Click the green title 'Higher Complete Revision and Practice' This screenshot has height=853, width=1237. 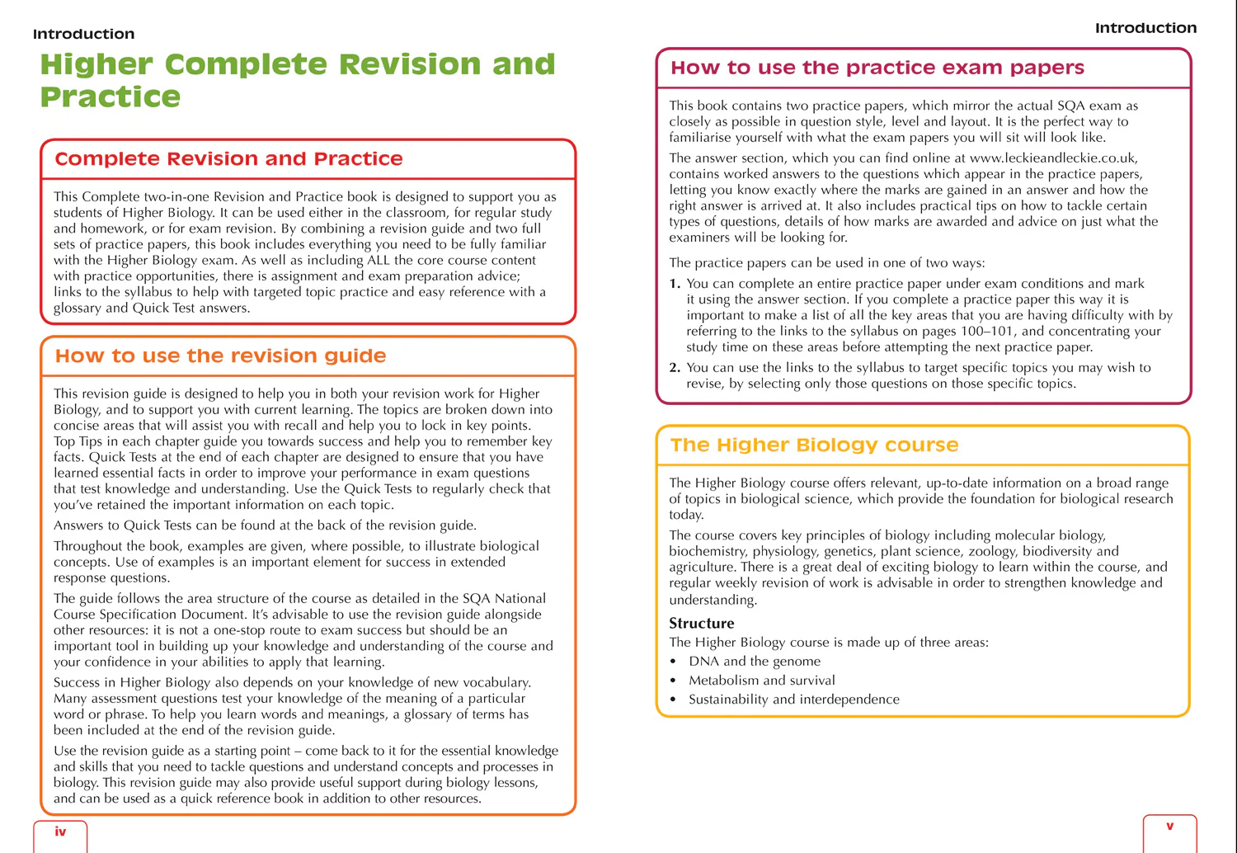tap(297, 80)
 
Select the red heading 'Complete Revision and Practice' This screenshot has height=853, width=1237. tap(228, 158)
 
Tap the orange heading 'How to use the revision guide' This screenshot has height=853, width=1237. tap(220, 356)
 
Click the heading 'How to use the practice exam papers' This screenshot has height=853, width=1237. tap(877, 68)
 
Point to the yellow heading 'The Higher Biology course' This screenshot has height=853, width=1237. tap(814, 445)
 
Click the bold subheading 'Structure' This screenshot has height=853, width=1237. tap(701, 623)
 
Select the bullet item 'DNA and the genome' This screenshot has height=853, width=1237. tap(755, 661)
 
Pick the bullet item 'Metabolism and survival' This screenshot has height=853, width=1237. tap(761, 680)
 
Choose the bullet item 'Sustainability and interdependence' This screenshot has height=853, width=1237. tap(793, 699)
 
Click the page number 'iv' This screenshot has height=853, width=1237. tap(60, 832)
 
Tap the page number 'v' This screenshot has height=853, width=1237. tap(1169, 826)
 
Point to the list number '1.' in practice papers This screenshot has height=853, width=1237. tap(675, 284)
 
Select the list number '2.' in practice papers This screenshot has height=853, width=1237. tap(675, 368)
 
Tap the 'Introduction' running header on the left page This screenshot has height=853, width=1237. tap(83, 34)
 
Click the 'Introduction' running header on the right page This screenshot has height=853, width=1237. tap(1145, 28)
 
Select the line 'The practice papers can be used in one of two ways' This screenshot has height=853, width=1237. tap(826, 262)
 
